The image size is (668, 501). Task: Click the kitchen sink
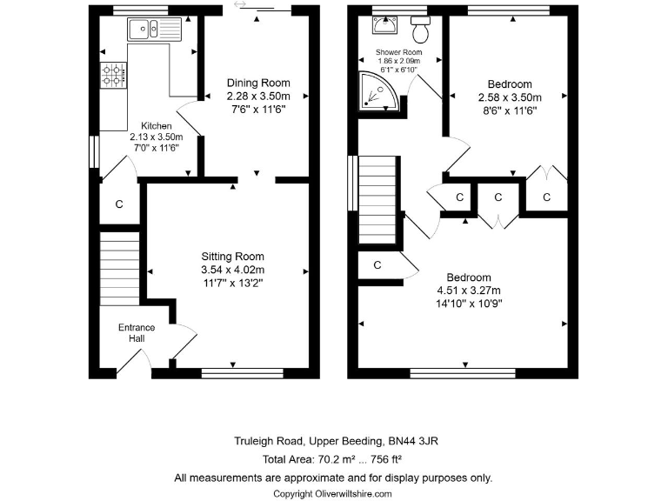tap(152, 30)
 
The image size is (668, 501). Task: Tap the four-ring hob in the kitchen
tap(114, 75)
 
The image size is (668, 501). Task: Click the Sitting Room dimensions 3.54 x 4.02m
tap(232, 270)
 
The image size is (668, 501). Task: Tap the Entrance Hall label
tap(137, 333)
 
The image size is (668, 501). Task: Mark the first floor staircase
tap(378, 201)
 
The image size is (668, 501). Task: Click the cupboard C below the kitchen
tap(119, 205)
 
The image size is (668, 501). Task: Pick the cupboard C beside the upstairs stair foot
tap(378, 265)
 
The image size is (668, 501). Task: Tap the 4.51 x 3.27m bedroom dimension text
tap(470, 291)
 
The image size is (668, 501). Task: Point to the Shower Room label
tap(398, 52)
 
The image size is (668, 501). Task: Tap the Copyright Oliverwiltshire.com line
tap(333, 493)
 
